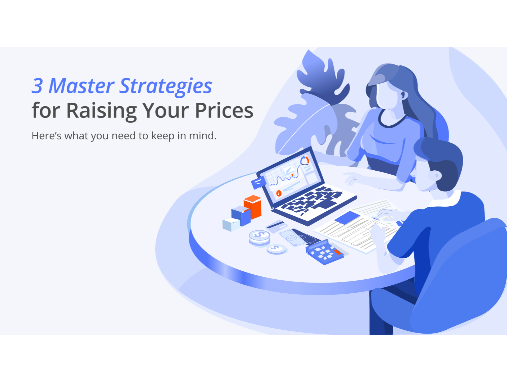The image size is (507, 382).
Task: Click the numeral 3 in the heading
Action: pyautogui.click(x=37, y=86)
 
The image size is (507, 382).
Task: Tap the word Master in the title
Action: pyautogui.click(x=82, y=86)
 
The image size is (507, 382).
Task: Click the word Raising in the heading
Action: pyautogui.click(x=101, y=111)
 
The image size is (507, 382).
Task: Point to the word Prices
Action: pyautogui.click(x=224, y=110)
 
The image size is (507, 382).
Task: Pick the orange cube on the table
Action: pyautogui.click(x=253, y=207)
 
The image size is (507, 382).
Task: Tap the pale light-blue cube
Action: pyautogui.click(x=231, y=225)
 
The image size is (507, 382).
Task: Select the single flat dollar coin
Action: pyautogui.click(x=277, y=249)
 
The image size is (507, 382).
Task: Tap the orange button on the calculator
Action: pyautogui.click(x=337, y=252)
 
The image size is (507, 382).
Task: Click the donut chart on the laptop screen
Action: pyautogui.click(x=305, y=161)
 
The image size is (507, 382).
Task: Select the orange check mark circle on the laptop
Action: pyautogui.click(x=279, y=193)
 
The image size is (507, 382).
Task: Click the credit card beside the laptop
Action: pyautogui.click(x=276, y=225)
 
